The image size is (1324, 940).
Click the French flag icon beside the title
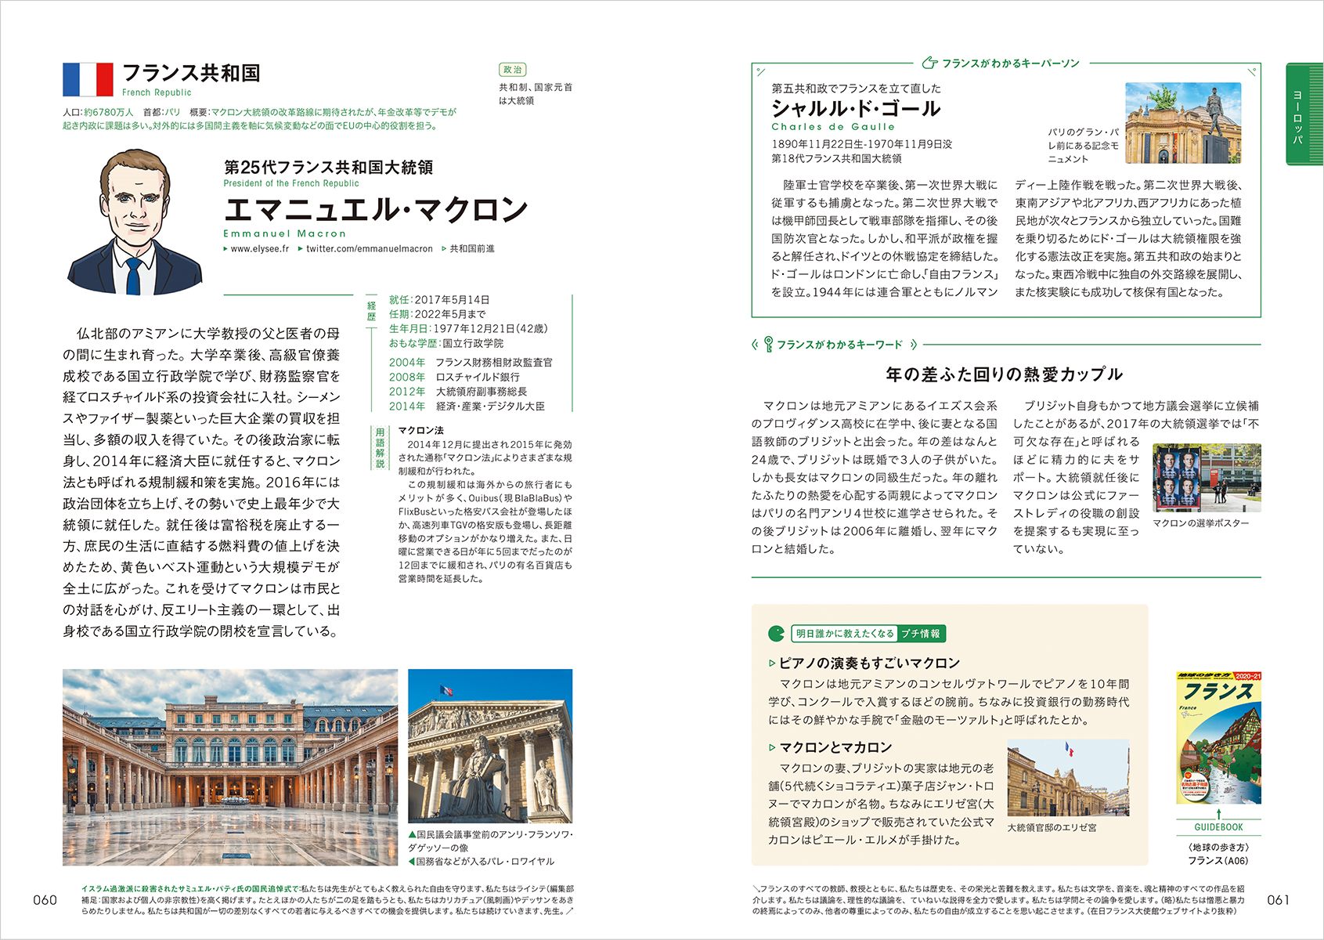[88, 79]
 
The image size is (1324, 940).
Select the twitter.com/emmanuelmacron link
[369, 249]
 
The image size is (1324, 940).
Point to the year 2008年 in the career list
[407, 377]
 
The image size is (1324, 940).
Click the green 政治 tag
[512, 70]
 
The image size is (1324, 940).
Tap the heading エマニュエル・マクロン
[376, 210]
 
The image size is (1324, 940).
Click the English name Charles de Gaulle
[833, 127]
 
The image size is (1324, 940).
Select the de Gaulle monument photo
[1182, 123]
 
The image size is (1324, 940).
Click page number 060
[45, 900]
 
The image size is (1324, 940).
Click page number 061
[1278, 900]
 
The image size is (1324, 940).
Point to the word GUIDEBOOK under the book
[1218, 827]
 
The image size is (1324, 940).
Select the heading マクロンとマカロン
[835, 747]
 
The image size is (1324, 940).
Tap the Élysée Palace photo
[1068, 777]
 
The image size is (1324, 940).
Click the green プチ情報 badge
[921, 634]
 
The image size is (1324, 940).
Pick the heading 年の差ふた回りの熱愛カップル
[1004, 374]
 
